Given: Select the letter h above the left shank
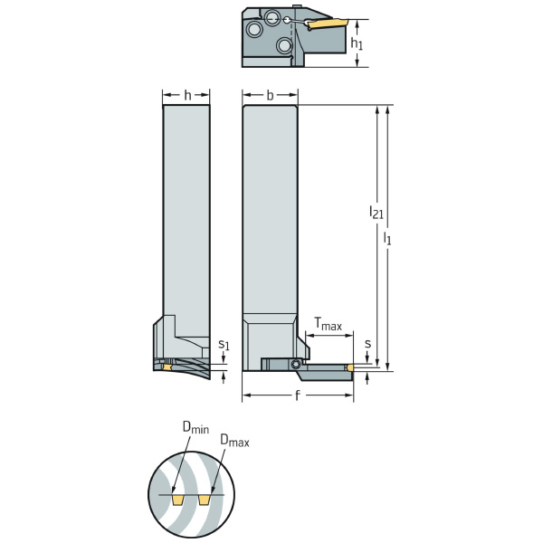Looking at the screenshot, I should tap(187, 95).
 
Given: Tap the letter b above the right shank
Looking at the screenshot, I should tap(271, 95).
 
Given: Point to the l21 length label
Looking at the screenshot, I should tap(374, 212).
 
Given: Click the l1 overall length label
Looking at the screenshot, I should tap(388, 237).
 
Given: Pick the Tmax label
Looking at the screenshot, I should tap(328, 323).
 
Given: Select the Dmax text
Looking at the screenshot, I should tap(234, 441).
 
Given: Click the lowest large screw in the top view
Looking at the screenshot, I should tap(284, 44).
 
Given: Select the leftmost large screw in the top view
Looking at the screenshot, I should tap(256, 30).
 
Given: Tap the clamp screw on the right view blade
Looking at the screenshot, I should tap(296, 364).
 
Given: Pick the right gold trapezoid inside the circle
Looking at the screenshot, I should tap(206, 500).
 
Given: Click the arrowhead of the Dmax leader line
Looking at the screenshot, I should tap(212, 489).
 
